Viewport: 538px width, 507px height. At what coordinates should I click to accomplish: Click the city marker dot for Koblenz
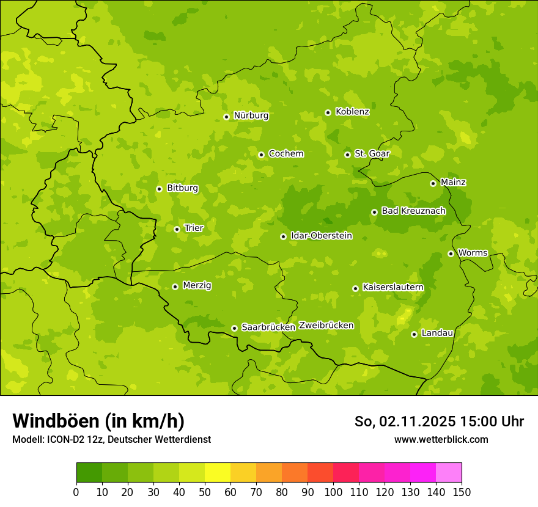(328, 112)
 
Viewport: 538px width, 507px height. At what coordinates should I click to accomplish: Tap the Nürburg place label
(251, 115)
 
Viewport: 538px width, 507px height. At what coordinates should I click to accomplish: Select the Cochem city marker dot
(261, 155)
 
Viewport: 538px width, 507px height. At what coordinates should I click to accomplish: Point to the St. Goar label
(372, 153)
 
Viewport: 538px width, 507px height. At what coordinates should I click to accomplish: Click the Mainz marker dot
(433, 183)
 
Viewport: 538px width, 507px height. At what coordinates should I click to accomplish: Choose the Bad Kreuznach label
(413, 211)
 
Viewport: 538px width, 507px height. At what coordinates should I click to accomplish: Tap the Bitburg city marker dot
(159, 189)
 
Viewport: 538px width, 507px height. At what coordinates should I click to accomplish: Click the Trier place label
(194, 228)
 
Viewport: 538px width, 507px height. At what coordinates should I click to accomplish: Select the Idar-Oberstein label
(322, 235)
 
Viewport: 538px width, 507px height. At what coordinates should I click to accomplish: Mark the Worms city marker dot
(451, 253)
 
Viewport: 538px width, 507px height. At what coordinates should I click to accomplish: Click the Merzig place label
(197, 285)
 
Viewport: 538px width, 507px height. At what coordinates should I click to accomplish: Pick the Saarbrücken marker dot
(234, 328)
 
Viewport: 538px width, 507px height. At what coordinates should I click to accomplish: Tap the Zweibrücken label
(326, 326)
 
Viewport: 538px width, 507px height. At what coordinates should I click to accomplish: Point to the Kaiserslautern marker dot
(355, 288)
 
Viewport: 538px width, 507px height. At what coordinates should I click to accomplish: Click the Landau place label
(437, 333)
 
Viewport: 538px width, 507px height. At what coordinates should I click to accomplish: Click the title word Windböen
(56, 421)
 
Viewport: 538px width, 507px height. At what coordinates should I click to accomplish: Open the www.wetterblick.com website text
(441, 439)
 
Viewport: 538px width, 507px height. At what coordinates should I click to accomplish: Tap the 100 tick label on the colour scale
(333, 492)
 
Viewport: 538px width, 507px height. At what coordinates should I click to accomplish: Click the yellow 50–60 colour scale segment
(218, 473)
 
